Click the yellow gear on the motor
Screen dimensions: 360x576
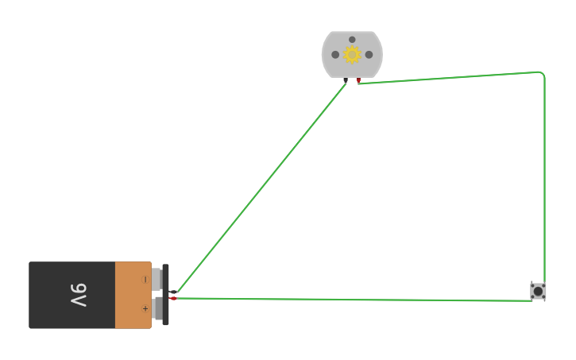click(x=352, y=55)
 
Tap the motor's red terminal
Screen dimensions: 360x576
click(x=358, y=79)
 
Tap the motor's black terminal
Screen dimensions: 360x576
click(x=346, y=79)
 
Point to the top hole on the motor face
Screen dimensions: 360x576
click(x=352, y=40)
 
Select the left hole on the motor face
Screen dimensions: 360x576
click(x=335, y=55)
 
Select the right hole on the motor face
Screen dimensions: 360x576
click(x=369, y=55)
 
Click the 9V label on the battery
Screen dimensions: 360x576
click(x=79, y=295)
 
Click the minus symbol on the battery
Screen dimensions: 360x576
click(x=145, y=280)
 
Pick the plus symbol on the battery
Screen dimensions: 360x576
click(x=145, y=308)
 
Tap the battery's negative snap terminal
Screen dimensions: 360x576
click(x=157, y=280)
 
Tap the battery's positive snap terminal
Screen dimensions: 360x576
click(x=157, y=308)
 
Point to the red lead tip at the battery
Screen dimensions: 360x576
click(x=172, y=298)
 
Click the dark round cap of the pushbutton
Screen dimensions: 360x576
click(x=538, y=292)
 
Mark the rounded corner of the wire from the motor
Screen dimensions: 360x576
click(x=542, y=74)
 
